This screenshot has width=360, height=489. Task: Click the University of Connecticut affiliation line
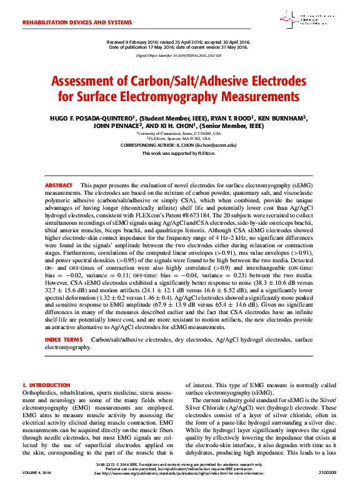click(x=179, y=133)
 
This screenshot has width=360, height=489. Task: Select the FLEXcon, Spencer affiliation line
click(x=179, y=138)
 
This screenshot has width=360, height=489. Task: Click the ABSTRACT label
click(x=58, y=186)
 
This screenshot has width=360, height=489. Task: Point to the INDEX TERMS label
click(x=64, y=339)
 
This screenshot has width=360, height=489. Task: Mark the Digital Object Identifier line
click(x=179, y=56)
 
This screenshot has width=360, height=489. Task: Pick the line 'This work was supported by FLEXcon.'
click(x=179, y=153)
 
